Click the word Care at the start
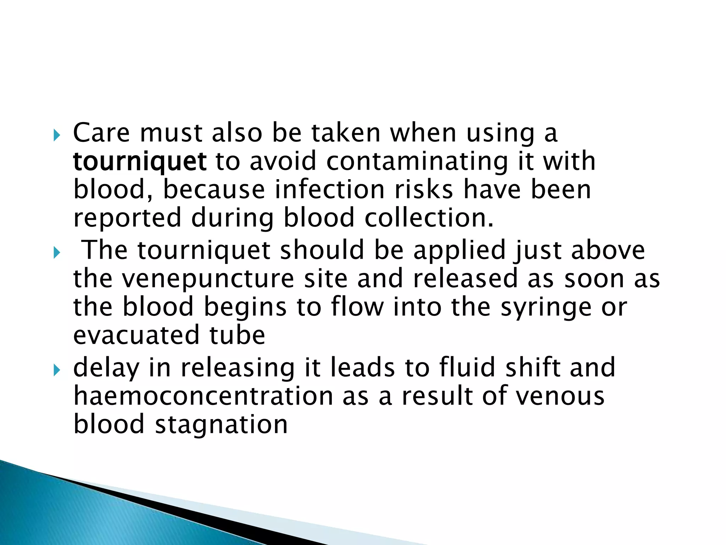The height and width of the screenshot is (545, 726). (101, 133)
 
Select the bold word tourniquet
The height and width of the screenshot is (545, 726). (140, 162)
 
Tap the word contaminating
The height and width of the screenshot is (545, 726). (417, 161)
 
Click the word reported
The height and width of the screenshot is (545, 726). (127, 218)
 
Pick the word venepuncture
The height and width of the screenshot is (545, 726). (208, 279)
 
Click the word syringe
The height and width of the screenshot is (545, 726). (546, 307)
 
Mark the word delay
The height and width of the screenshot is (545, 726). (106, 368)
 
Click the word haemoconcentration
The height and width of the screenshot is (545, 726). (203, 396)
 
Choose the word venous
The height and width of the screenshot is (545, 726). (560, 396)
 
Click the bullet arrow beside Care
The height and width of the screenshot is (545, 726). (57, 135)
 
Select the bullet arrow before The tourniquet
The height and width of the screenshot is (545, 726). (57, 253)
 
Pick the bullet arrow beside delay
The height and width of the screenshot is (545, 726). (57, 371)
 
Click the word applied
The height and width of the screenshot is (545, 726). (459, 251)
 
